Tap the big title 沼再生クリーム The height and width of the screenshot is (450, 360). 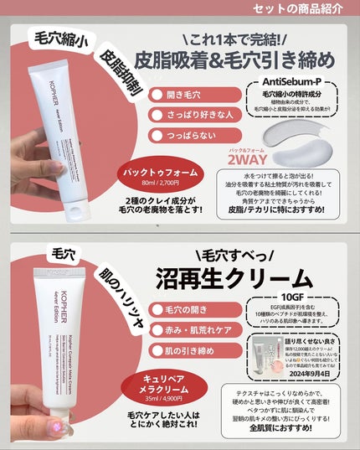point(243,277)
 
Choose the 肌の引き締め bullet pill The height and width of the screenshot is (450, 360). point(198,354)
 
